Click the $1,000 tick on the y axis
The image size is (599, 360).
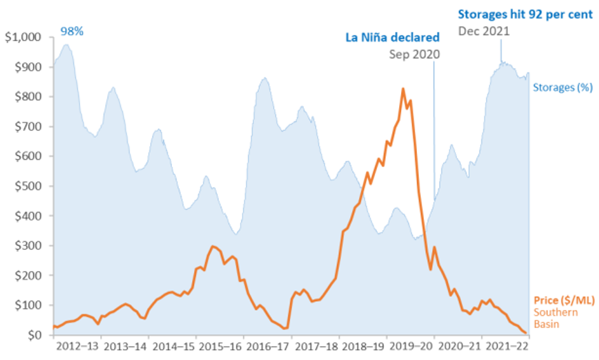[x=23, y=38]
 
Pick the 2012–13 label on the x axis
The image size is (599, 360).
[x=78, y=347]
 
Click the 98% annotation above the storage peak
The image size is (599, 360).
[x=72, y=31]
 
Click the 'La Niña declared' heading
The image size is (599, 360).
[x=392, y=38]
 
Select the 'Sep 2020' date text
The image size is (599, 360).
[x=414, y=55]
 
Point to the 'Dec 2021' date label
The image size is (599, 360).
[x=483, y=30]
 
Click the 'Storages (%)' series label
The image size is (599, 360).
[x=563, y=88]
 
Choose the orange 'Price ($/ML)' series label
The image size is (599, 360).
[x=561, y=300]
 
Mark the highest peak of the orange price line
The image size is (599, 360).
[x=403, y=89]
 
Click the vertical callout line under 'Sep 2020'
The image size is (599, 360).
[x=434, y=127]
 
